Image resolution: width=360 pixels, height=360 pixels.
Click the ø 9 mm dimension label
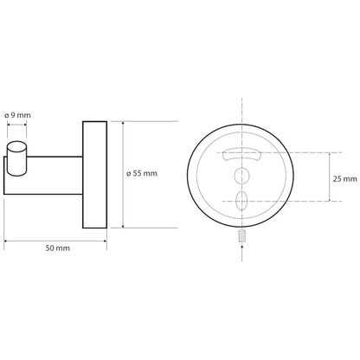17,115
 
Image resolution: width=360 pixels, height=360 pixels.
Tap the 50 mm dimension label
58,248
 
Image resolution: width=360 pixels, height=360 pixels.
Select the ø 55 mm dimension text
142,174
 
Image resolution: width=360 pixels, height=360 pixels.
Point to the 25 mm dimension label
345,179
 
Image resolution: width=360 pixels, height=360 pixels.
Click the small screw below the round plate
241,236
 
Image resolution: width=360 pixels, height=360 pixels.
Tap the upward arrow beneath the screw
241,248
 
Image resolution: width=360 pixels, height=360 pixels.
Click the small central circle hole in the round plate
241,176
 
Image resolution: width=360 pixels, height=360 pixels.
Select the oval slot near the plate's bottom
241,201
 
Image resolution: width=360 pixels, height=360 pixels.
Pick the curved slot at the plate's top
241,154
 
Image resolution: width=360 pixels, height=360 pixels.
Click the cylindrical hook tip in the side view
16,158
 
